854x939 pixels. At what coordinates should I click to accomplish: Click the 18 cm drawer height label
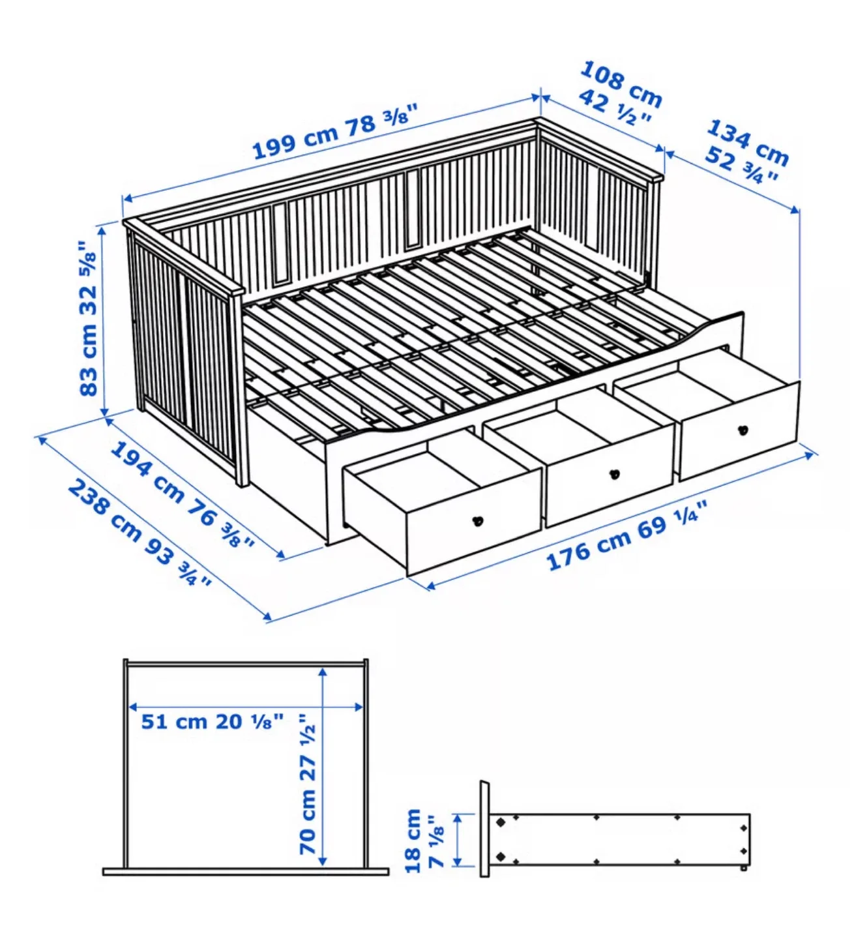(413, 841)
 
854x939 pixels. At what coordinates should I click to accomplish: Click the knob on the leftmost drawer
(478, 520)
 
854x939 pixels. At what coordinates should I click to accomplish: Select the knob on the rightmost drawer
(743, 430)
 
